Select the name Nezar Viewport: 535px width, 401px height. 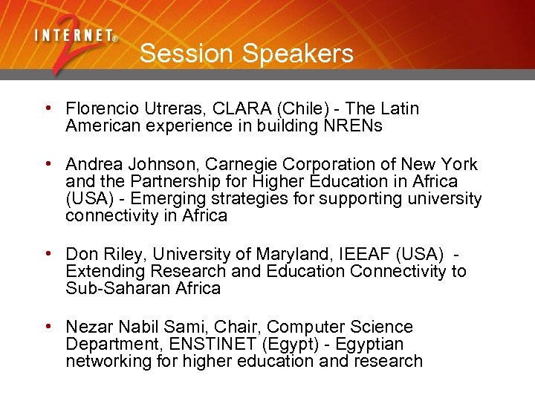tap(87, 327)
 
